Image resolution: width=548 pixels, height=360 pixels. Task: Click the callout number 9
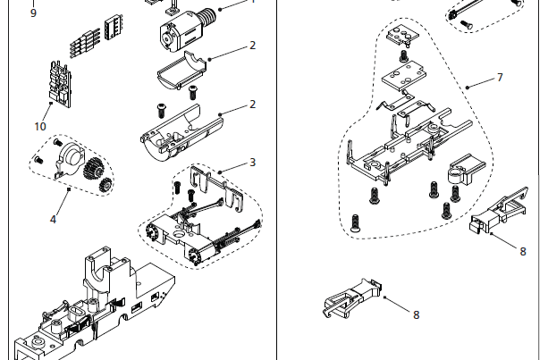point(33,13)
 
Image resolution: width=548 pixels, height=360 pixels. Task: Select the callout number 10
point(40,126)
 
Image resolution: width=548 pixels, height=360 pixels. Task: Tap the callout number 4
point(53,219)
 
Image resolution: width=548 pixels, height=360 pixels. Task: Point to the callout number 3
point(253,162)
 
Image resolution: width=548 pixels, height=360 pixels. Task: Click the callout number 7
point(500,78)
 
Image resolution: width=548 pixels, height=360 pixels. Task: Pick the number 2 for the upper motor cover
point(253,45)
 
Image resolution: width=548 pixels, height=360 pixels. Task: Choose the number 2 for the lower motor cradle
point(253,104)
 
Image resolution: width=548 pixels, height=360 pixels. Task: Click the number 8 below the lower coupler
point(416,314)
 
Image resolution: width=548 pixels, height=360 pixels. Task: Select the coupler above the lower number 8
point(353,296)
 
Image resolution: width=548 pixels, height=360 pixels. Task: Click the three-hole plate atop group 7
point(403,36)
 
